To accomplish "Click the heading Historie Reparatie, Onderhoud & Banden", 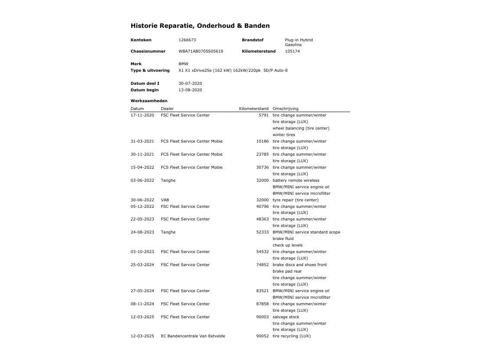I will coord(200,26).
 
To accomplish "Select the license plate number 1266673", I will coord(187,40).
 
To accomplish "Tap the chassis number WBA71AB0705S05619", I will coord(200,51).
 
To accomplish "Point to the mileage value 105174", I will coord(292,51).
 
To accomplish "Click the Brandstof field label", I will coord(253,40).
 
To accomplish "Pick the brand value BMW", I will coord(183,64).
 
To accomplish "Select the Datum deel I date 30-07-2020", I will coord(190,83).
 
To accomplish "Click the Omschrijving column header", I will coord(285,109).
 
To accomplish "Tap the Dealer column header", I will coord(167,109).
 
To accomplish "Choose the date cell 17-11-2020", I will coord(142,115).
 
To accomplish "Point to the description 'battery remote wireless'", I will coord(296,180).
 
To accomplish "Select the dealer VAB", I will coord(165,200).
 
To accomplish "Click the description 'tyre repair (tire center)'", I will coord(295,200).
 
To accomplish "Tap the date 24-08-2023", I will coord(142,232).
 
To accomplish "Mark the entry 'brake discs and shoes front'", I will coord(300,265).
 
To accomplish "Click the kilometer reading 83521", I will coord(262,291).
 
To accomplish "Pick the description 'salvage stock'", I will coord(286,317).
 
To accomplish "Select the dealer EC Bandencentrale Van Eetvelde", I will coord(193,336).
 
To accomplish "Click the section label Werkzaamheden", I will coord(149,101).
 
